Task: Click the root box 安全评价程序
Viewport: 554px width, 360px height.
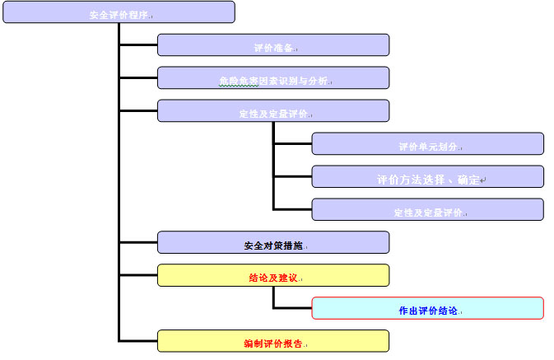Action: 119,12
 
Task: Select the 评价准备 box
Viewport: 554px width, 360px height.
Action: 272,45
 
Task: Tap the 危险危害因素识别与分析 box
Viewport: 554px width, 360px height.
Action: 272,78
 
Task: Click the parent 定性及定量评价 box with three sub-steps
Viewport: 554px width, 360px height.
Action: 272,111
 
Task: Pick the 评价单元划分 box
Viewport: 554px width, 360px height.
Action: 427,144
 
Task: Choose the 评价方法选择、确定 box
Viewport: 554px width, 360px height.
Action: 427,177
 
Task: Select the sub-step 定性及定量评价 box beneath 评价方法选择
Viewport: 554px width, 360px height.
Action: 427,210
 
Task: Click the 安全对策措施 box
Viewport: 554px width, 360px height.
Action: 272,242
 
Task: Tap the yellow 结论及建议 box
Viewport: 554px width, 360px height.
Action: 272,275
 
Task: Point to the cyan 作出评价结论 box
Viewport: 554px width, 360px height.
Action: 427,308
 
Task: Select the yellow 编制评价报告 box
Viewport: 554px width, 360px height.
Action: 272,341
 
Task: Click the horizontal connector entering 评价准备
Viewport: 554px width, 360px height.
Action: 138,44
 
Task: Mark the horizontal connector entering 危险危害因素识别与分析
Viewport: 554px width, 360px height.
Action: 138,77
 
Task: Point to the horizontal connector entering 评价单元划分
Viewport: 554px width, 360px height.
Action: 292,143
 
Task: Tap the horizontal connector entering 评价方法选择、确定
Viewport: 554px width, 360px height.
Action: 292,176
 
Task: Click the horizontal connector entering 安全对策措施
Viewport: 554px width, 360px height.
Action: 138,242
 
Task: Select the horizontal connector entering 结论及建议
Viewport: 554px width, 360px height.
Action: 138,275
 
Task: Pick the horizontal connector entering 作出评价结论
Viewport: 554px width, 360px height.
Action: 292,308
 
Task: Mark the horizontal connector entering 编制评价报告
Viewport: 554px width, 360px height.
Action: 138,340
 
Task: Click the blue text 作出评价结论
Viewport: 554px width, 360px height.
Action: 427,311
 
